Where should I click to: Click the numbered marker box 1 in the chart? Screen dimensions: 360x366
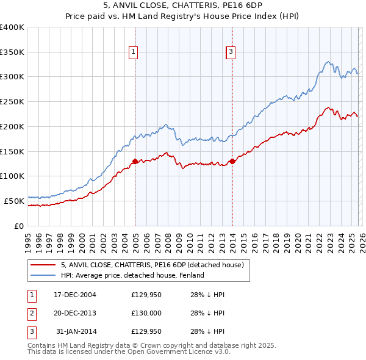point(134,53)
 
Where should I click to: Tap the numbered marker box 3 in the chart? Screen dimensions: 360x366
point(231,53)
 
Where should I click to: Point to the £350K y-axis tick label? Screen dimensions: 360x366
point(12,52)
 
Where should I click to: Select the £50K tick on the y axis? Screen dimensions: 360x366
point(14,201)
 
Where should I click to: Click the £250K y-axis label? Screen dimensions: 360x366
point(12,102)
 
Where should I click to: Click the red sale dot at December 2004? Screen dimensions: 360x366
point(135,161)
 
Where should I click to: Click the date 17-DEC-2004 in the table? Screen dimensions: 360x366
point(75,295)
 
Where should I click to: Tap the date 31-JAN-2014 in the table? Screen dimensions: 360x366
point(75,331)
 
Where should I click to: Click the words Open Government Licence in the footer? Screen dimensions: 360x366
point(178,352)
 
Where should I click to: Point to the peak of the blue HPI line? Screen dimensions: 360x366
point(328,61)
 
